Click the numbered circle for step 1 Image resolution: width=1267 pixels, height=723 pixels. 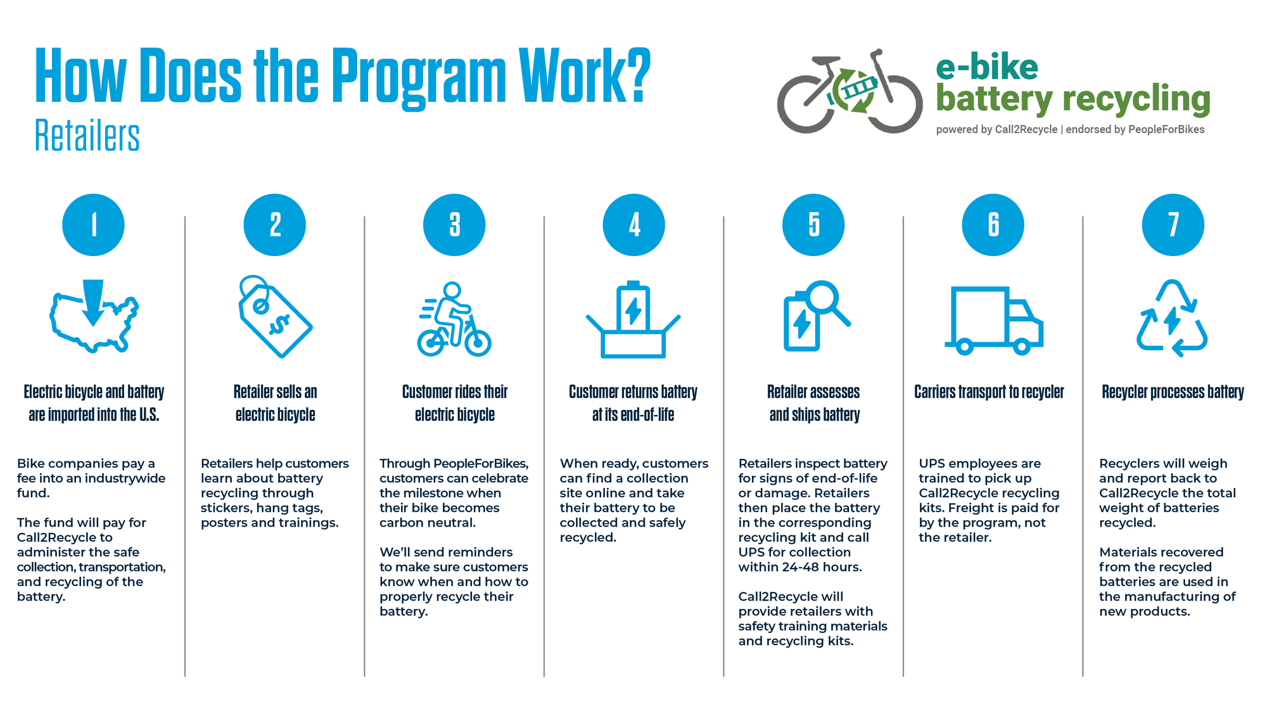[x=93, y=225]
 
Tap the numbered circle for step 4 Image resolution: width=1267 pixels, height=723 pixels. [x=633, y=225]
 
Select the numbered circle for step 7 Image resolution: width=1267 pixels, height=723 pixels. [x=1173, y=225]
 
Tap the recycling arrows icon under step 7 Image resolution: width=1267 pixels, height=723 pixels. [x=1172, y=318]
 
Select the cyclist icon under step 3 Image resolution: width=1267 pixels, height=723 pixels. [x=454, y=319]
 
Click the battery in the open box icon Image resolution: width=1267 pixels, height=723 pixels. [x=633, y=307]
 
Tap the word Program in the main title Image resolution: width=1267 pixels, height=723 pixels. [x=419, y=77]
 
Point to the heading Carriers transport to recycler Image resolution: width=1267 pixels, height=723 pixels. [x=989, y=392]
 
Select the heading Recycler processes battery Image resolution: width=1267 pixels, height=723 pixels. [x=1173, y=392]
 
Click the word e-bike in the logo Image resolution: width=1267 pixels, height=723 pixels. [x=987, y=67]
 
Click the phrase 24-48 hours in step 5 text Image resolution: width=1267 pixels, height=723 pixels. [x=822, y=567]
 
